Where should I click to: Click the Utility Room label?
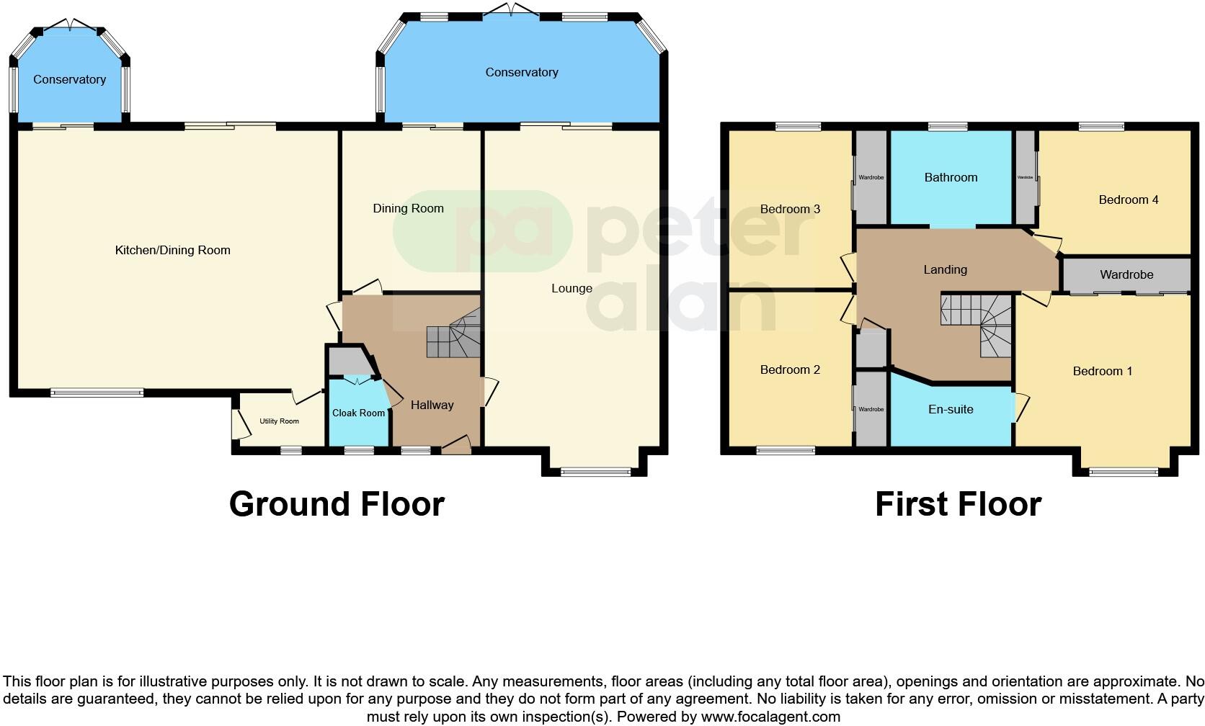click(x=279, y=421)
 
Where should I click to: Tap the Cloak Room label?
click(x=358, y=413)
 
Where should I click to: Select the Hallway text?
click(x=432, y=405)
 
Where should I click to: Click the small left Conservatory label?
click(x=69, y=79)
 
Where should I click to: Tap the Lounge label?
click(x=572, y=288)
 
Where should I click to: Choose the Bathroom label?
click(x=951, y=177)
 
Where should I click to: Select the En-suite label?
click(x=951, y=409)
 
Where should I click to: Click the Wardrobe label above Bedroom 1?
click(x=1126, y=274)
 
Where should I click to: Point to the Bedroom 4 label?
click(x=1128, y=200)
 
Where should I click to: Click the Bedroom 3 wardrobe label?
click(x=871, y=177)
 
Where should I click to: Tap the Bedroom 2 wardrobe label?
click(x=871, y=409)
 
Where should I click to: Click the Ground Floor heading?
click(x=337, y=504)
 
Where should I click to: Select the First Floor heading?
click(x=958, y=504)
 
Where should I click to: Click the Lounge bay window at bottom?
click(x=595, y=472)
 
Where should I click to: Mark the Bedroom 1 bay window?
click(x=1124, y=472)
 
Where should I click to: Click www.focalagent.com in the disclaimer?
click(x=770, y=717)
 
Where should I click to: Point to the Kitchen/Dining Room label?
click(x=172, y=250)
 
